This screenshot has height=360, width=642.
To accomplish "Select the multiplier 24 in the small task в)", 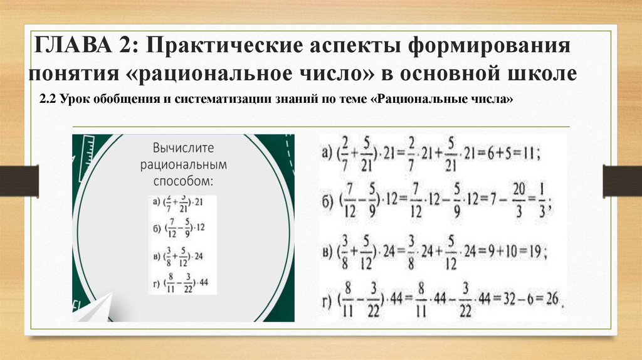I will coord(200,256).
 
